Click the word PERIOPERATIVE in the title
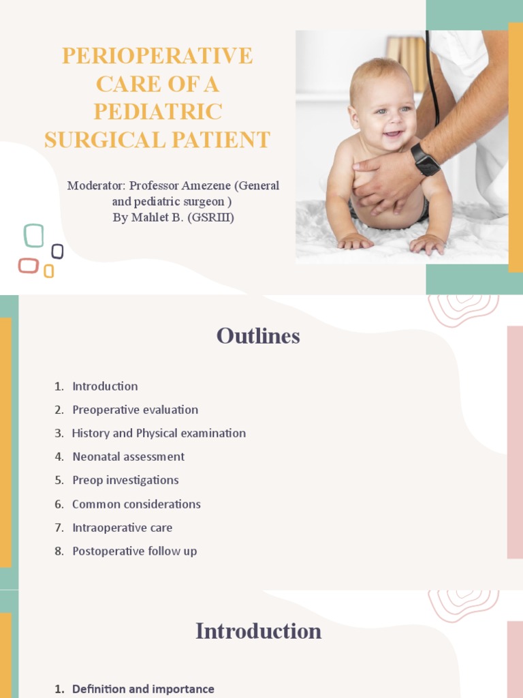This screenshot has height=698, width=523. click(157, 56)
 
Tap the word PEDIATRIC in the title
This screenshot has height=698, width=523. click(157, 112)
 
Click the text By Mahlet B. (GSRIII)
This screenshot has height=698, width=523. click(173, 218)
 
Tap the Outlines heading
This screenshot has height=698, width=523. click(258, 336)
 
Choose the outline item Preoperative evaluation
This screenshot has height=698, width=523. click(135, 410)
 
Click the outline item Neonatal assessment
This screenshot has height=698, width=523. click(128, 457)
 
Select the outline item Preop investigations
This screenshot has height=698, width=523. click(125, 480)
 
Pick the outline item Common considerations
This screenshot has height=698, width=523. click(136, 504)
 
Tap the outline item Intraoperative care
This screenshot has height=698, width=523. click(122, 528)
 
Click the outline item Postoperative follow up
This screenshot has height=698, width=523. click(134, 551)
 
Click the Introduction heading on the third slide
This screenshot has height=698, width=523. click(258, 631)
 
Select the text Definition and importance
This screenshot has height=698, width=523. click(143, 689)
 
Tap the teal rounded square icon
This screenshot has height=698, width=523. click(33, 235)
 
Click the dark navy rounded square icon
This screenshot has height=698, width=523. click(58, 252)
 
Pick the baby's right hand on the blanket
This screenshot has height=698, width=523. click(355, 241)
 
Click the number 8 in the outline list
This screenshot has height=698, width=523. click(59, 551)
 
